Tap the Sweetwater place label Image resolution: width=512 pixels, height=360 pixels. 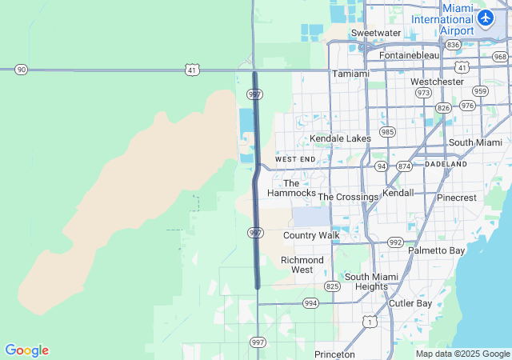(x=375, y=33)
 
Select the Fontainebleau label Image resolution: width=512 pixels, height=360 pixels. (x=409, y=55)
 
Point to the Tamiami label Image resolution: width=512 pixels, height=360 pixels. (x=350, y=74)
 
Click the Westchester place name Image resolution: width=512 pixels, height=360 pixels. (x=437, y=82)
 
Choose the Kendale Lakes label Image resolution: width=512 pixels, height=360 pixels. (x=341, y=138)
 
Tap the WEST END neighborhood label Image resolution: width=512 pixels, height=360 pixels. (x=295, y=159)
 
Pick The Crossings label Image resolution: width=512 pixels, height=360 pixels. (x=348, y=197)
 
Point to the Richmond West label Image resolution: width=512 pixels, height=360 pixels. (x=302, y=265)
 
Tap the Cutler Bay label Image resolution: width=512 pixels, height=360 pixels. (x=410, y=303)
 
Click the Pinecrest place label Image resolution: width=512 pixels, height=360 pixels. (x=457, y=197)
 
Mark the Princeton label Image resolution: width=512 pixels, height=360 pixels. (x=334, y=354)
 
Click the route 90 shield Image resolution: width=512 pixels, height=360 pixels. (x=21, y=70)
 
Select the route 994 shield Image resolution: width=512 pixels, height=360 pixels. (x=310, y=303)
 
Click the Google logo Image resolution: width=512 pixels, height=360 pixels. (x=26, y=350)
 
